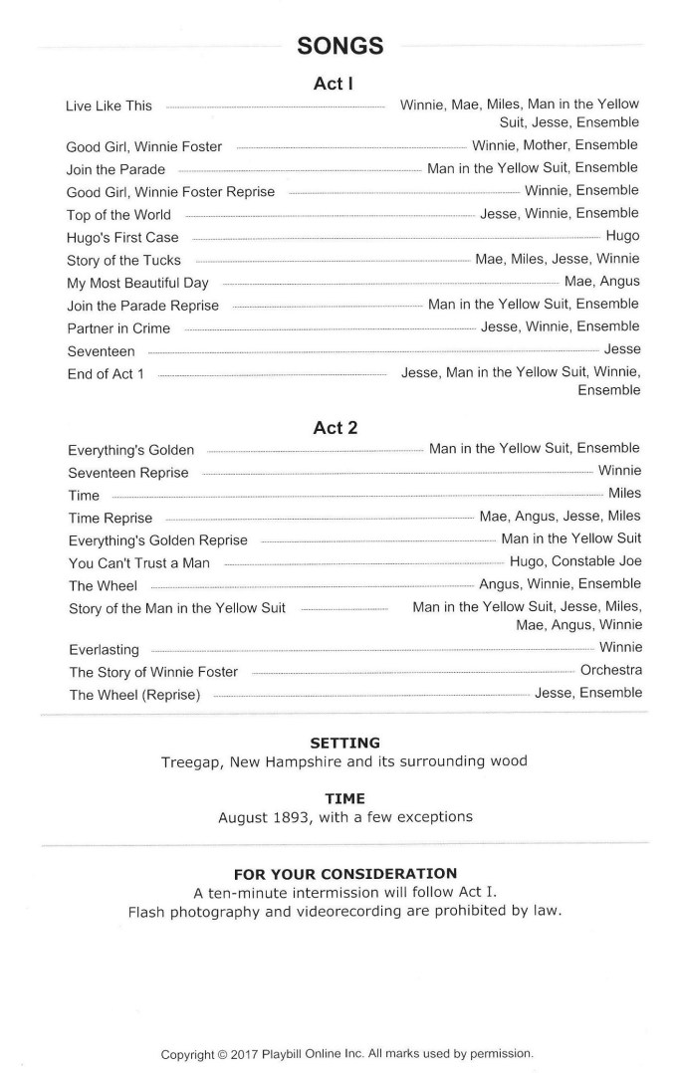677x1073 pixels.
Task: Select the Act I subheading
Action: (x=335, y=85)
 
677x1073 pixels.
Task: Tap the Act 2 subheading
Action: (x=336, y=428)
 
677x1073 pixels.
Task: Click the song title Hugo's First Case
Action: (x=122, y=237)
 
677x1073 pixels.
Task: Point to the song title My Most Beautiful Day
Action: (x=137, y=283)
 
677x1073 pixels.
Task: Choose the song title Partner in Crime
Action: (x=118, y=328)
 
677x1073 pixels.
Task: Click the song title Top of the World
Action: (x=118, y=215)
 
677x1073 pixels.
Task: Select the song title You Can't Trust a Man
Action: (x=139, y=563)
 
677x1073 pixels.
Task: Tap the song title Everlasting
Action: (x=104, y=650)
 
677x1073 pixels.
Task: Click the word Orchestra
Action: (x=610, y=671)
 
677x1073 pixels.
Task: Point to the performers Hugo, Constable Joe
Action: (x=575, y=561)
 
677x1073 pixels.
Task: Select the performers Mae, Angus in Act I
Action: (x=602, y=282)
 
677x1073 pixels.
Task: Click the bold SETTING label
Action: (x=344, y=743)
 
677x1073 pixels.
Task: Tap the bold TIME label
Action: (x=344, y=798)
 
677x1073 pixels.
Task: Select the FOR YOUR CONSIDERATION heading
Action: (x=344, y=873)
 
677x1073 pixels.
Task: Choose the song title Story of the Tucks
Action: (x=123, y=261)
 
